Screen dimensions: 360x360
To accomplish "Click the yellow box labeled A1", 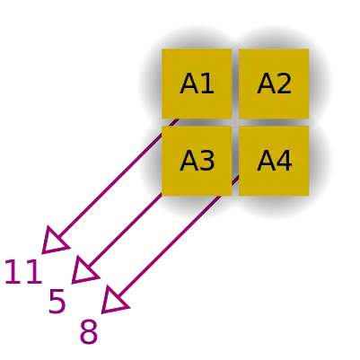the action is [197, 83].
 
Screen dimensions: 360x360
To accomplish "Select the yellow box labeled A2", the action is [274, 83].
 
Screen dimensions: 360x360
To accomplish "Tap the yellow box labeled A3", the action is [197, 161].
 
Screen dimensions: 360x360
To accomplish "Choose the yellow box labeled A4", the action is [274, 161].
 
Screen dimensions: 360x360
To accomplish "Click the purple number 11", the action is [23, 272].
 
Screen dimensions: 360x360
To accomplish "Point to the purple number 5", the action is [57, 302].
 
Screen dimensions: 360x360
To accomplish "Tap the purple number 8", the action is [89, 331].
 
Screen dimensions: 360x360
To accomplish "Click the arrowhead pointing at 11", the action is [54, 241].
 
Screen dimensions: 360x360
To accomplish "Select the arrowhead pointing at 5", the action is [83, 270].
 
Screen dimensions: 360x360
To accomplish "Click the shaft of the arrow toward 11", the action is [118, 179].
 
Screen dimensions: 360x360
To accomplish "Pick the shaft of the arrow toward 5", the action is [125, 230].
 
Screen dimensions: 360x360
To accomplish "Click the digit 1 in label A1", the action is [207, 83].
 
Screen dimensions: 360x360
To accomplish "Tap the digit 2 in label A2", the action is [285, 83].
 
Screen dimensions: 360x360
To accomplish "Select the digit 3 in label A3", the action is [207, 161].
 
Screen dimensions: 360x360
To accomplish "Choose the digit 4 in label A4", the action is [285, 161].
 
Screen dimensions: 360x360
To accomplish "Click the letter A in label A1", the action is [189, 83].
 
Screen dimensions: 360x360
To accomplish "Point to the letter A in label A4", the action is [266, 161].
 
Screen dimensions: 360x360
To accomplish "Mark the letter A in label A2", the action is [266, 83].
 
